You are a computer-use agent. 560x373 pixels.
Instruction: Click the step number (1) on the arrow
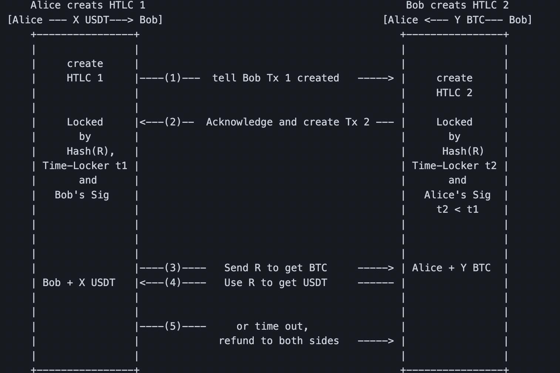click(173, 78)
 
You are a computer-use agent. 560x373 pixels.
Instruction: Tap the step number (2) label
click(173, 122)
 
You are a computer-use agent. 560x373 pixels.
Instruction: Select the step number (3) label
click(173, 268)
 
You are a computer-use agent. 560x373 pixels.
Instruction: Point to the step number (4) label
click(173, 283)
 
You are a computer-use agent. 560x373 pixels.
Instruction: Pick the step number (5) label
click(173, 326)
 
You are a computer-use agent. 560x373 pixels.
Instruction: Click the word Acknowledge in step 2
click(239, 122)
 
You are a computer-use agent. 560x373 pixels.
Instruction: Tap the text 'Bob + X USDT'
click(79, 283)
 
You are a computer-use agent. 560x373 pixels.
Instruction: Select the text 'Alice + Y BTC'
click(451, 268)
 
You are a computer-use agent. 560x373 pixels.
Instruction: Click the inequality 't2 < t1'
click(458, 209)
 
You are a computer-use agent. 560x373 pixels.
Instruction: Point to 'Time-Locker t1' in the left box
click(85, 166)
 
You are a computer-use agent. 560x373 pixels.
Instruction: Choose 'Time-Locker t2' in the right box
click(454, 166)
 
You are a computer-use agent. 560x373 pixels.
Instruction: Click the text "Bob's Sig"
click(82, 195)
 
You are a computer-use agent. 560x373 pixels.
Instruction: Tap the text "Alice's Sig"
click(457, 195)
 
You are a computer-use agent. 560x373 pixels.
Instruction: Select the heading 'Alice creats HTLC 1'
click(88, 5)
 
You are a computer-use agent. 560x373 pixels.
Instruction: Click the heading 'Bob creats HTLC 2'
click(457, 5)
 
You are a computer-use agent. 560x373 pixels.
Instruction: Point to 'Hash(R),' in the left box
click(91, 151)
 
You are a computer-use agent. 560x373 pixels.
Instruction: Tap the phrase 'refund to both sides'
click(279, 341)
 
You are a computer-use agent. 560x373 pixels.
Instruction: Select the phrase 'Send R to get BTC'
click(276, 268)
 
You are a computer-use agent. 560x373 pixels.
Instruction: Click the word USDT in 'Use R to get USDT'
click(315, 283)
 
